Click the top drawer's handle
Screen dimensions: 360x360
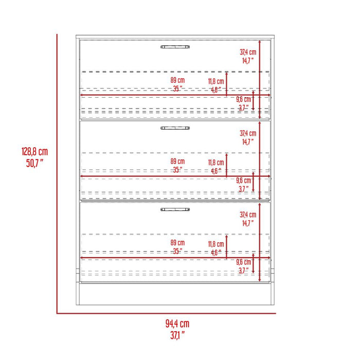[175, 47]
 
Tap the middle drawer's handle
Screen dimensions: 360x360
[175, 128]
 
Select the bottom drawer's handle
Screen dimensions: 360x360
[175, 209]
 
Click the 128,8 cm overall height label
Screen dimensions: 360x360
[34, 152]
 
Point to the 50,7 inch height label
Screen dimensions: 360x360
[34, 163]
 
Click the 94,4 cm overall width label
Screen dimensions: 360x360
[177, 324]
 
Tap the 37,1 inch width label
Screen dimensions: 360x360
[177, 335]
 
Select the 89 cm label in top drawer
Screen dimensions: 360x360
[178, 80]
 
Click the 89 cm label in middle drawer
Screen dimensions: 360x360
[178, 161]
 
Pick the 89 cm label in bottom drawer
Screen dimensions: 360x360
[178, 243]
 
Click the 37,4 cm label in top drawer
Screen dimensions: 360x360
[248, 52]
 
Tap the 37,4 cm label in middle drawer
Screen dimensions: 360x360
[248, 133]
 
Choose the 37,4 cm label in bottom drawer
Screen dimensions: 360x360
[248, 214]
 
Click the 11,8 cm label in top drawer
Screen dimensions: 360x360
[216, 81]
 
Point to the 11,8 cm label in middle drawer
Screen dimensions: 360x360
[216, 163]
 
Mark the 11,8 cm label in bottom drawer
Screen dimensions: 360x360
[216, 244]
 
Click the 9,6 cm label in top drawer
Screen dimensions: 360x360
[244, 99]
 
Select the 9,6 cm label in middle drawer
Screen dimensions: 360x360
[244, 181]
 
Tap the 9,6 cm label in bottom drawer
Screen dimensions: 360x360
[244, 262]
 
